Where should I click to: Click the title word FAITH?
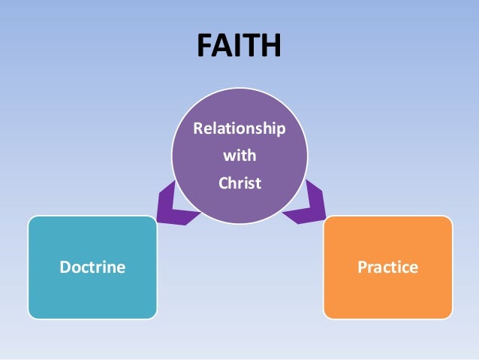tap(239, 46)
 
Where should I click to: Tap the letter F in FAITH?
tap(204, 46)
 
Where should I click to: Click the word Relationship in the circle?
tap(239, 129)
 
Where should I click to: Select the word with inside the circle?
tap(239, 156)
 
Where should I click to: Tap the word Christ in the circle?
tap(239, 183)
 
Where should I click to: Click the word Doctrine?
tap(92, 268)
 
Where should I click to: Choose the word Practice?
tap(387, 268)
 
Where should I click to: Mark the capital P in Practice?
tap(362, 268)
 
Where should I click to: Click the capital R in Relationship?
tap(197, 129)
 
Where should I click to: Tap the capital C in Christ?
tap(222, 183)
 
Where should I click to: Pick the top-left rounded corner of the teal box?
tap(32, 220)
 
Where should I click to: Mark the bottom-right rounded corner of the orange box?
tap(448, 314)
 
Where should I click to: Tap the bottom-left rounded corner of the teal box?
tap(32, 314)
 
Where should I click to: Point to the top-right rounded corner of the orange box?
tap(448, 220)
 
